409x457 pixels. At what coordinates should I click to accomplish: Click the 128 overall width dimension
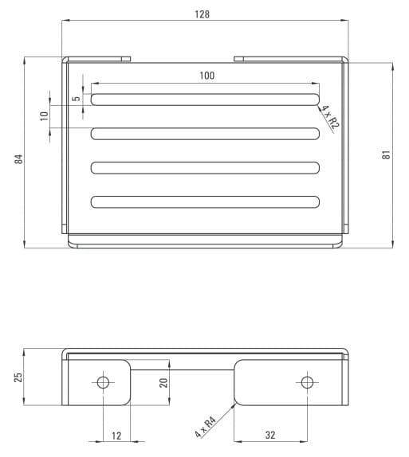point(202,14)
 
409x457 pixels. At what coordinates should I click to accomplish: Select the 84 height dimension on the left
point(18,159)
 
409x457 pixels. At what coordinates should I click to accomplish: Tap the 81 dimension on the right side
point(386,154)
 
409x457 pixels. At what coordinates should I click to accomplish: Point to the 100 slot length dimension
point(207,76)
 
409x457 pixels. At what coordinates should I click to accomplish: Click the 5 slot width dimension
point(77,99)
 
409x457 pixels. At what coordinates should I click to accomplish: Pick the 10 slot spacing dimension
point(44,116)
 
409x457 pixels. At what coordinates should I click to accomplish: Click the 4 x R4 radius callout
point(205,427)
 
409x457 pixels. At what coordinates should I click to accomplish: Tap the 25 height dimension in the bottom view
point(18,377)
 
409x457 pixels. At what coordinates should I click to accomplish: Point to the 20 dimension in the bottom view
point(163,383)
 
